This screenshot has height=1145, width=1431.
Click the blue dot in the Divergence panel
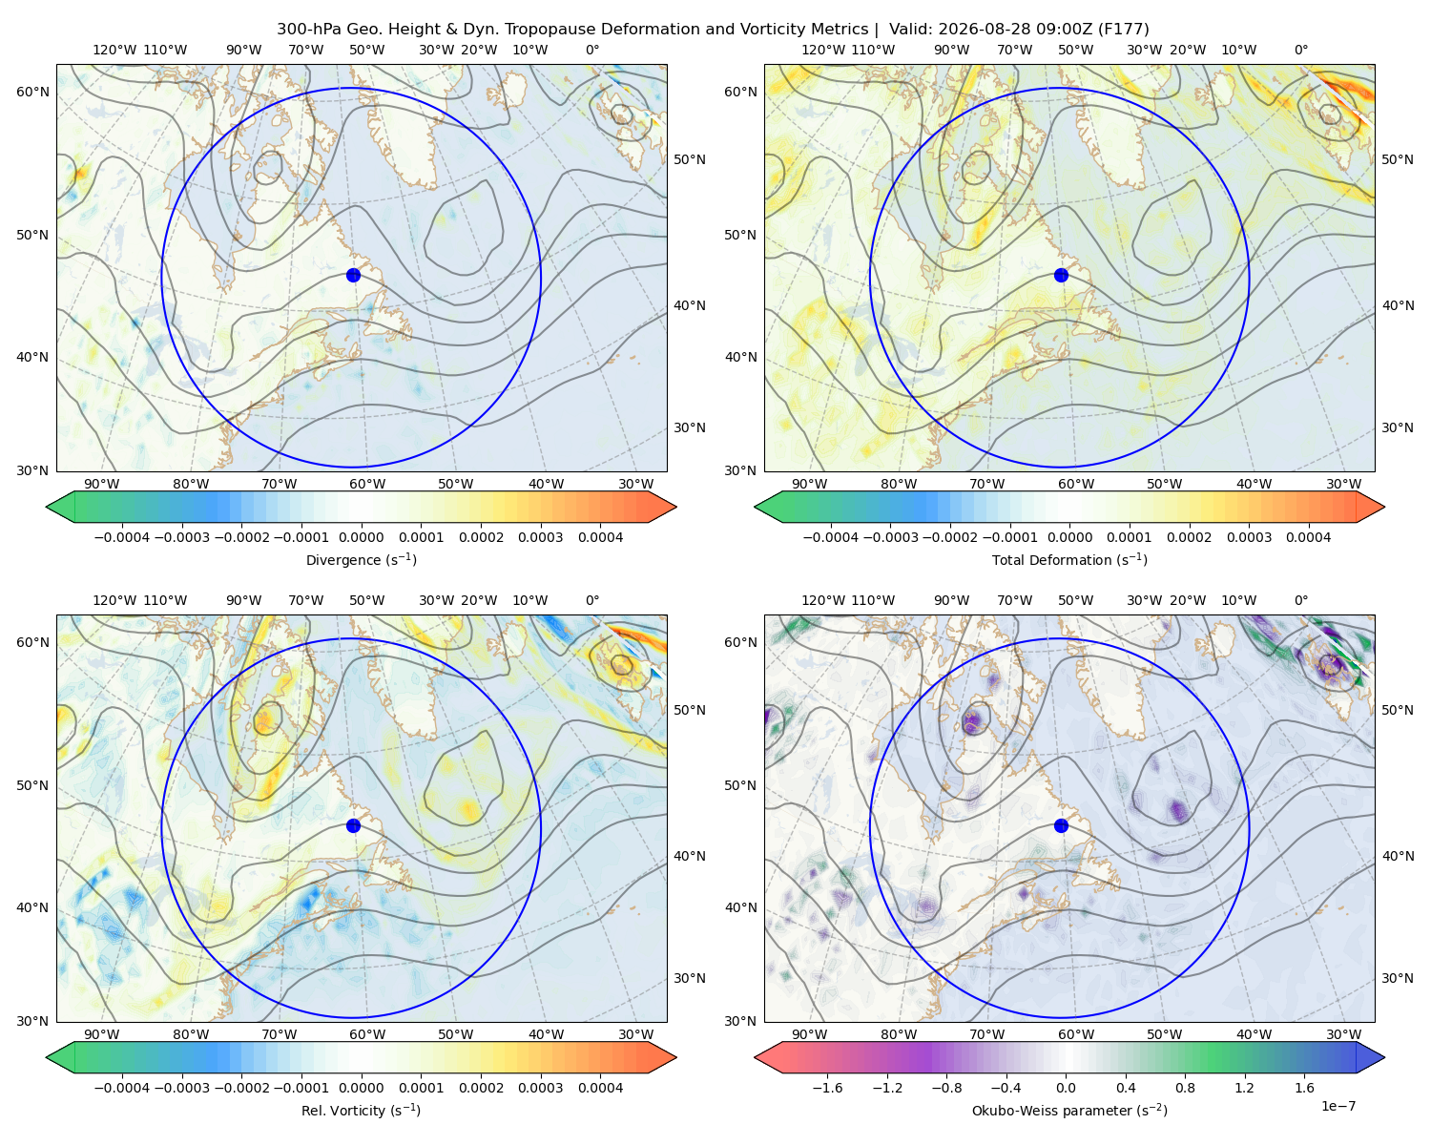click(x=353, y=275)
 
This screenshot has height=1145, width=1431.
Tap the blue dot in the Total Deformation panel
click(x=1061, y=275)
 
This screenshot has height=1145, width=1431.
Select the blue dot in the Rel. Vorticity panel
click(x=353, y=825)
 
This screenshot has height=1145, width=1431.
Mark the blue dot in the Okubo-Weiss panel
click(x=1061, y=825)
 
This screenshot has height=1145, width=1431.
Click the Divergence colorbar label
click(x=361, y=559)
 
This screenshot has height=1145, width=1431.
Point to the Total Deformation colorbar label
click(x=1069, y=559)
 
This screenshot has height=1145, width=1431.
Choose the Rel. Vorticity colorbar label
click(x=361, y=1110)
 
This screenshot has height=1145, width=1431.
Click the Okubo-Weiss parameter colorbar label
click(x=1069, y=1110)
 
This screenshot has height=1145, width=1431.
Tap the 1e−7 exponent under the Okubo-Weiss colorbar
click(x=1338, y=1106)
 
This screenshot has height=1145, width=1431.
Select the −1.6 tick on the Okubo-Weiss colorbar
click(x=828, y=1087)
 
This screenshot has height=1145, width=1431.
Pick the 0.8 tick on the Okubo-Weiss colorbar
click(x=1185, y=1087)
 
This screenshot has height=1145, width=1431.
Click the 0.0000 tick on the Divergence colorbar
click(x=361, y=537)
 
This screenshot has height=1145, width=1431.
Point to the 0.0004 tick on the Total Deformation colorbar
click(x=1308, y=537)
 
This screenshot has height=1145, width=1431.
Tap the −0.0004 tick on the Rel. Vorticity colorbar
click(x=122, y=1087)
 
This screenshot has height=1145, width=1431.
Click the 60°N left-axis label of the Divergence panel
click(x=32, y=92)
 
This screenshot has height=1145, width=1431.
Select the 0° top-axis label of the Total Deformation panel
click(x=1300, y=50)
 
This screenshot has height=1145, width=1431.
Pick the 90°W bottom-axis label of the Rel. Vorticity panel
click(x=102, y=1034)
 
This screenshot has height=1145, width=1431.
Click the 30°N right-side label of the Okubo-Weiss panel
click(x=1397, y=977)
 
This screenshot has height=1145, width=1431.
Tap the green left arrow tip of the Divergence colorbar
click(x=47, y=507)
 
